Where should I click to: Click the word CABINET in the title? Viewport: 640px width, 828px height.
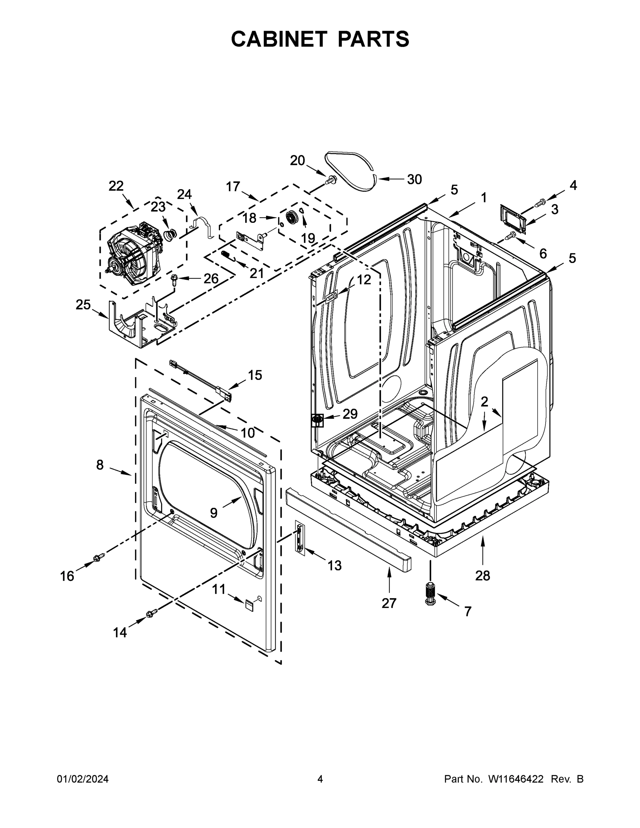click(279, 39)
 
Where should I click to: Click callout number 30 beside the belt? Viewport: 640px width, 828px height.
click(414, 179)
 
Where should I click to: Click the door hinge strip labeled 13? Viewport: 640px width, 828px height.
click(300, 538)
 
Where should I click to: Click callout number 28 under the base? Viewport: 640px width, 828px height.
click(482, 575)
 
